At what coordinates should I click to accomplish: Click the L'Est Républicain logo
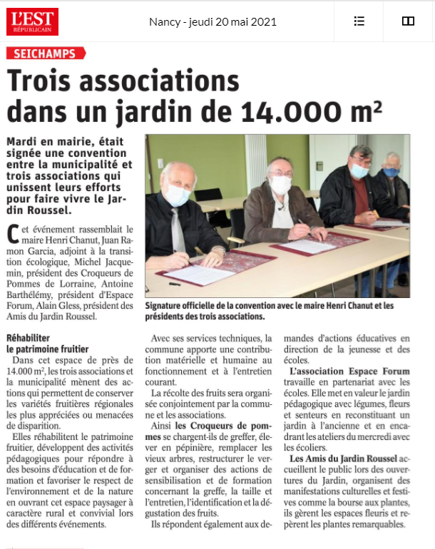(x=33, y=21)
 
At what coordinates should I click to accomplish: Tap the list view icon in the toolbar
(x=359, y=21)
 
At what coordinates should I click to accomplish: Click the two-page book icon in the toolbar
(x=408, y=21)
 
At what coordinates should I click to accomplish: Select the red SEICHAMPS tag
(x=45, y=53)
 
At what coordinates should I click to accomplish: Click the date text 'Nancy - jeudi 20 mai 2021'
(x=213, y=21)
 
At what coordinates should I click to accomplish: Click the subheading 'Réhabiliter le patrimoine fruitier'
(x=47, y=344)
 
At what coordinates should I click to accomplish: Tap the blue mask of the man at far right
(x=391, y=172)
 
